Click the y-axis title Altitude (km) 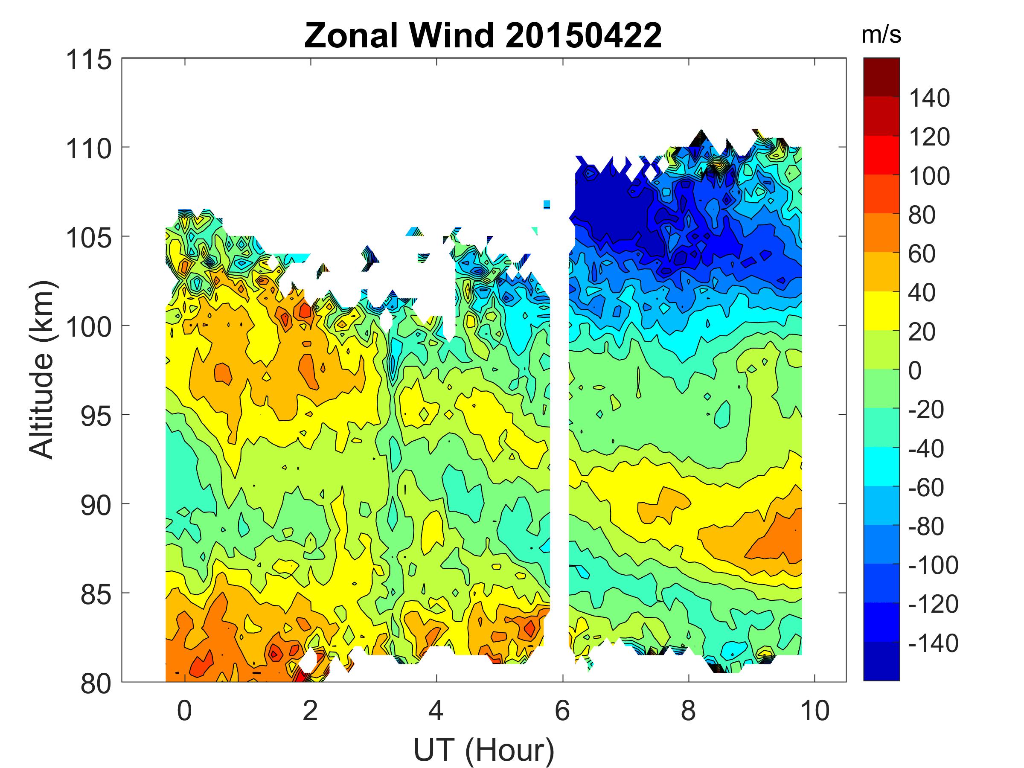(42, 370)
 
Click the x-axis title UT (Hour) (484, 750)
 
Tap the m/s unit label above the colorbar (881, 35)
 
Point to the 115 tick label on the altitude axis (89, 60)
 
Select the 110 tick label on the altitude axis (89, 149)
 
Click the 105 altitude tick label (89, 239)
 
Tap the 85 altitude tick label (96, 595)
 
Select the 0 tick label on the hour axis (184, 710)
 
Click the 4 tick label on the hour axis (436, 710)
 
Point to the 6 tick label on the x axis (562, 710)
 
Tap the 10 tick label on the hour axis (815, 710)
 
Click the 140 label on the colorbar (929, 98)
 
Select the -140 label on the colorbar (933, 643)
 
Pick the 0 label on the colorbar (915, 371)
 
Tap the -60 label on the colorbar (926, 487)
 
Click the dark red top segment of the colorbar (881, 77)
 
